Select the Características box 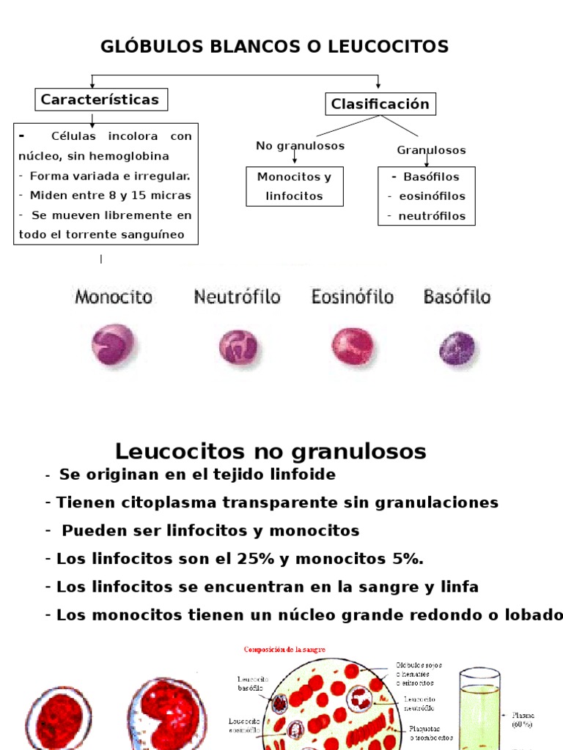pyautogui.click(x=100, y=100)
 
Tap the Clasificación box pyautogui.click(x=380, y=104)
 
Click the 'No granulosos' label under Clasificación pyautogui.click(x=300, y=146)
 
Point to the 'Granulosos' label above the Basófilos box pyautogui.click(x=431, y=150)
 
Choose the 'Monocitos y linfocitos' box pyautogui.click(x=294, y=186)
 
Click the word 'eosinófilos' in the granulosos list pyautogui.click(x=432, y=196)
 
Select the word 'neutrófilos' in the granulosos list pyautogui.click(x=432, y=216)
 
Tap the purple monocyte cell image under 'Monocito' pyautogui.click(x=112, y=345)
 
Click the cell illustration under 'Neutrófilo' pyautogui.click(x=238, y=347)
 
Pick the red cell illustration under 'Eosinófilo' pyautogui.click(x=352, y=346)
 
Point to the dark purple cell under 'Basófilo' pyautogui.click(x=457, y=348)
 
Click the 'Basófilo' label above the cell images pyautogui.click(x=457, y=297)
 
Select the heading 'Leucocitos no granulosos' pyautogui.click(x=271, y=450)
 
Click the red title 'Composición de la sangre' pyautogui.click(x=284, y=649)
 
